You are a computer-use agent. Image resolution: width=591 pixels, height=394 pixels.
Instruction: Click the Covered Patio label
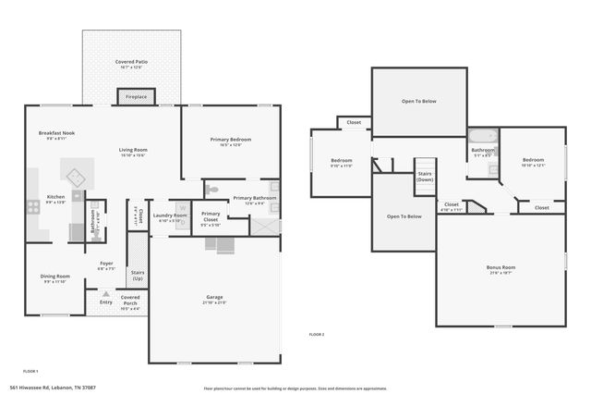(131, 62)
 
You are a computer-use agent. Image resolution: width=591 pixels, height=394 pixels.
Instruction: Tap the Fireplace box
(136, 96)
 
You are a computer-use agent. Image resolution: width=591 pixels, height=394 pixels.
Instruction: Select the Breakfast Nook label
(56, 133)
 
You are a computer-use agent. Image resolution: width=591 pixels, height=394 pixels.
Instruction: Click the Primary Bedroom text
(231, 140)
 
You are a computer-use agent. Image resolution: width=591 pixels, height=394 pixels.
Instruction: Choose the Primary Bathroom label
(254, 197)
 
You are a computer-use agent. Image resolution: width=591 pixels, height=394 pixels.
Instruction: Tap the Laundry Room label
(169, 215)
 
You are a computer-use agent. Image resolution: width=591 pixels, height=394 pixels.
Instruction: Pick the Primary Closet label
(211, 216)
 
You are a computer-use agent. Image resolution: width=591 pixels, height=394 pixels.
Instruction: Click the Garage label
(214, 298)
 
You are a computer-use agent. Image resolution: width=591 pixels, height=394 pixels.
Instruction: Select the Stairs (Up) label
(138, 275)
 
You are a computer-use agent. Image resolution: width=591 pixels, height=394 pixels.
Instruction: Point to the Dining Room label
(54, 276)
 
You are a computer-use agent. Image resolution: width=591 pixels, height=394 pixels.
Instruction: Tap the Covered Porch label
(129, 300)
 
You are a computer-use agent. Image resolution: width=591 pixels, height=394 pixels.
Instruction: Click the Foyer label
(106, 264)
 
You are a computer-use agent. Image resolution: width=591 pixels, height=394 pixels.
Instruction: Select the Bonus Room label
(501, 267)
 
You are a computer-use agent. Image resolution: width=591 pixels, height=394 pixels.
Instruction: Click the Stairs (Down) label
(425, 176)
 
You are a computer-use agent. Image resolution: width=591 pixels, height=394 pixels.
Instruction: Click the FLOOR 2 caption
(316, 333)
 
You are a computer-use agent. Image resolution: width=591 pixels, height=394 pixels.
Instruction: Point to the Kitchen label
(55, 197)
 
